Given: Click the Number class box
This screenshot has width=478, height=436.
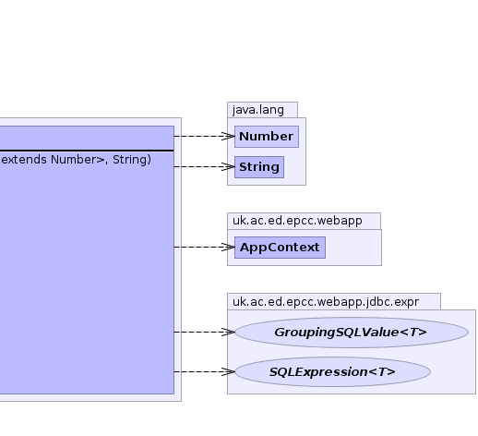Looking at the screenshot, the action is pyautogui.click(x=267, y=137).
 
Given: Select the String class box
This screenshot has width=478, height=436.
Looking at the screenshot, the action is pyautogui.click(x=259, y=167).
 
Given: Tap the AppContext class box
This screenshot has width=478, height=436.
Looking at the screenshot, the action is pyautogui.click(x=280, y=248).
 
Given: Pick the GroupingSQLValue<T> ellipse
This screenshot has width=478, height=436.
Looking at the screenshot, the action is pyautogui.click(x=352, y=333).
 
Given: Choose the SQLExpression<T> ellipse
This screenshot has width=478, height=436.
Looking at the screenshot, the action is pyautogui.click(x=332, y=371).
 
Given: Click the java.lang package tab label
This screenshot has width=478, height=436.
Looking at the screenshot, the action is pyautogui.click(x=258, y=110).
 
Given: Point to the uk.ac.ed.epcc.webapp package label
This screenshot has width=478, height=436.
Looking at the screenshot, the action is pyautogui.click(x=297, y=221).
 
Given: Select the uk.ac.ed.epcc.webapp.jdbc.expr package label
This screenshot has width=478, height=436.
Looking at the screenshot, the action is pyautogui.click(x=326, y=302).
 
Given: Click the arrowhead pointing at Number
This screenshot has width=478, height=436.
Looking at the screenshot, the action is pyautogui.click(x=228, y=136).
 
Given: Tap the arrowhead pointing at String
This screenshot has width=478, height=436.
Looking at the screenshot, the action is pyautogui.click(x=228, y=166).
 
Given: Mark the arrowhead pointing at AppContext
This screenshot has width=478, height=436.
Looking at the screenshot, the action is pyautogui.click(x=228, y=247).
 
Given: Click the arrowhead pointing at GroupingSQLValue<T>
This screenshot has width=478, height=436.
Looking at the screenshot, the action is pyautogui.click(x=228, y=332).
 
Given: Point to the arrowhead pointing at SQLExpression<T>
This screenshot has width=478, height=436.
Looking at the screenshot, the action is pyautogui.click(x=228, y=371).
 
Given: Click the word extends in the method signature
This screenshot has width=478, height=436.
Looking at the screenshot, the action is pyautogui.click(x=24, y=160).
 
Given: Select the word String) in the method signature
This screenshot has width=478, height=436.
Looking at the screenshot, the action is pyautogui.click(x=132, y=160).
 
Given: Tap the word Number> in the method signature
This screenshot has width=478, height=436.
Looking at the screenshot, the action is pyautogui.click(x=78, y=160).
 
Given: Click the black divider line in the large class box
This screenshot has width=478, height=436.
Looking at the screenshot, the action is pyautogui.click(x=87, y=151).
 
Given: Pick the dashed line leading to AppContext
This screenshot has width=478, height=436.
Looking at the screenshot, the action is pyautogui.click(x=204, y=247).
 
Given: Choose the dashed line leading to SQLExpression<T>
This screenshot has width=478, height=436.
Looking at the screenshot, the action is pyautogui.click(x=204, y=371).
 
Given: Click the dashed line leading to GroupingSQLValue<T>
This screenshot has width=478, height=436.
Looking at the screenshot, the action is pyautogui.click(x=204, y=332).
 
